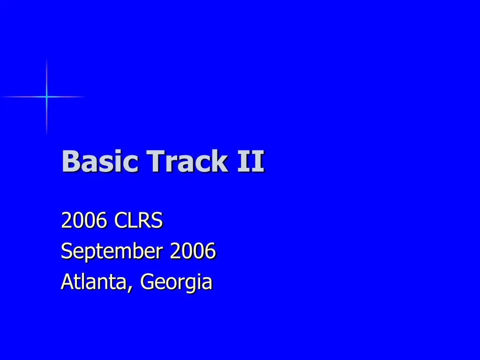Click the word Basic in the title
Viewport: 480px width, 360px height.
(100, 161)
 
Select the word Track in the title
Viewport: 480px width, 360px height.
(187, 161)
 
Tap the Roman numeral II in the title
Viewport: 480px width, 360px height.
(250, 161)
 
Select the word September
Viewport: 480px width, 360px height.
(111, 252)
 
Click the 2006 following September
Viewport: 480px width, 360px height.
(193, 251)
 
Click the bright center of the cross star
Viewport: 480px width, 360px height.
(46, 97)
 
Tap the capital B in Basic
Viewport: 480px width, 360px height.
(69, 161)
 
